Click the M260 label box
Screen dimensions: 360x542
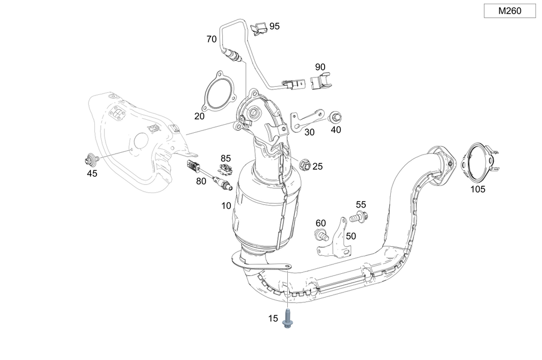click(509, 11)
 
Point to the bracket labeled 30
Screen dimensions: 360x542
click(306, 120)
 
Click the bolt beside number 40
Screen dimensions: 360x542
click(334, 117)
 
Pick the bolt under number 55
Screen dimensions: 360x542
click(357, 217)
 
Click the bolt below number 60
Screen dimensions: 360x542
click(322, 236)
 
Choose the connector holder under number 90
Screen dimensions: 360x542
click(321, 82)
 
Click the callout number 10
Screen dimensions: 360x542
click(225, 205)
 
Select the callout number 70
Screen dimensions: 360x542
click(211, 39)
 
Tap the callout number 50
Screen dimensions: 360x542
click(351, 236)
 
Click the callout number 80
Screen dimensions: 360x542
click(201, 181)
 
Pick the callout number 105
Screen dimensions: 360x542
click(478, 189)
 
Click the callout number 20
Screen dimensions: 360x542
click(199, 116)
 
